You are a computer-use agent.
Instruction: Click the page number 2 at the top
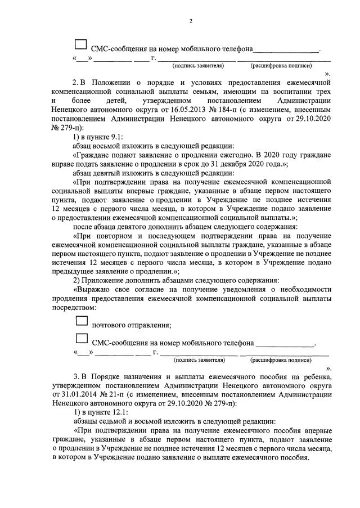(191, 21)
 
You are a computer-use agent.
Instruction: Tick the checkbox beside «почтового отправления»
(82, 321)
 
